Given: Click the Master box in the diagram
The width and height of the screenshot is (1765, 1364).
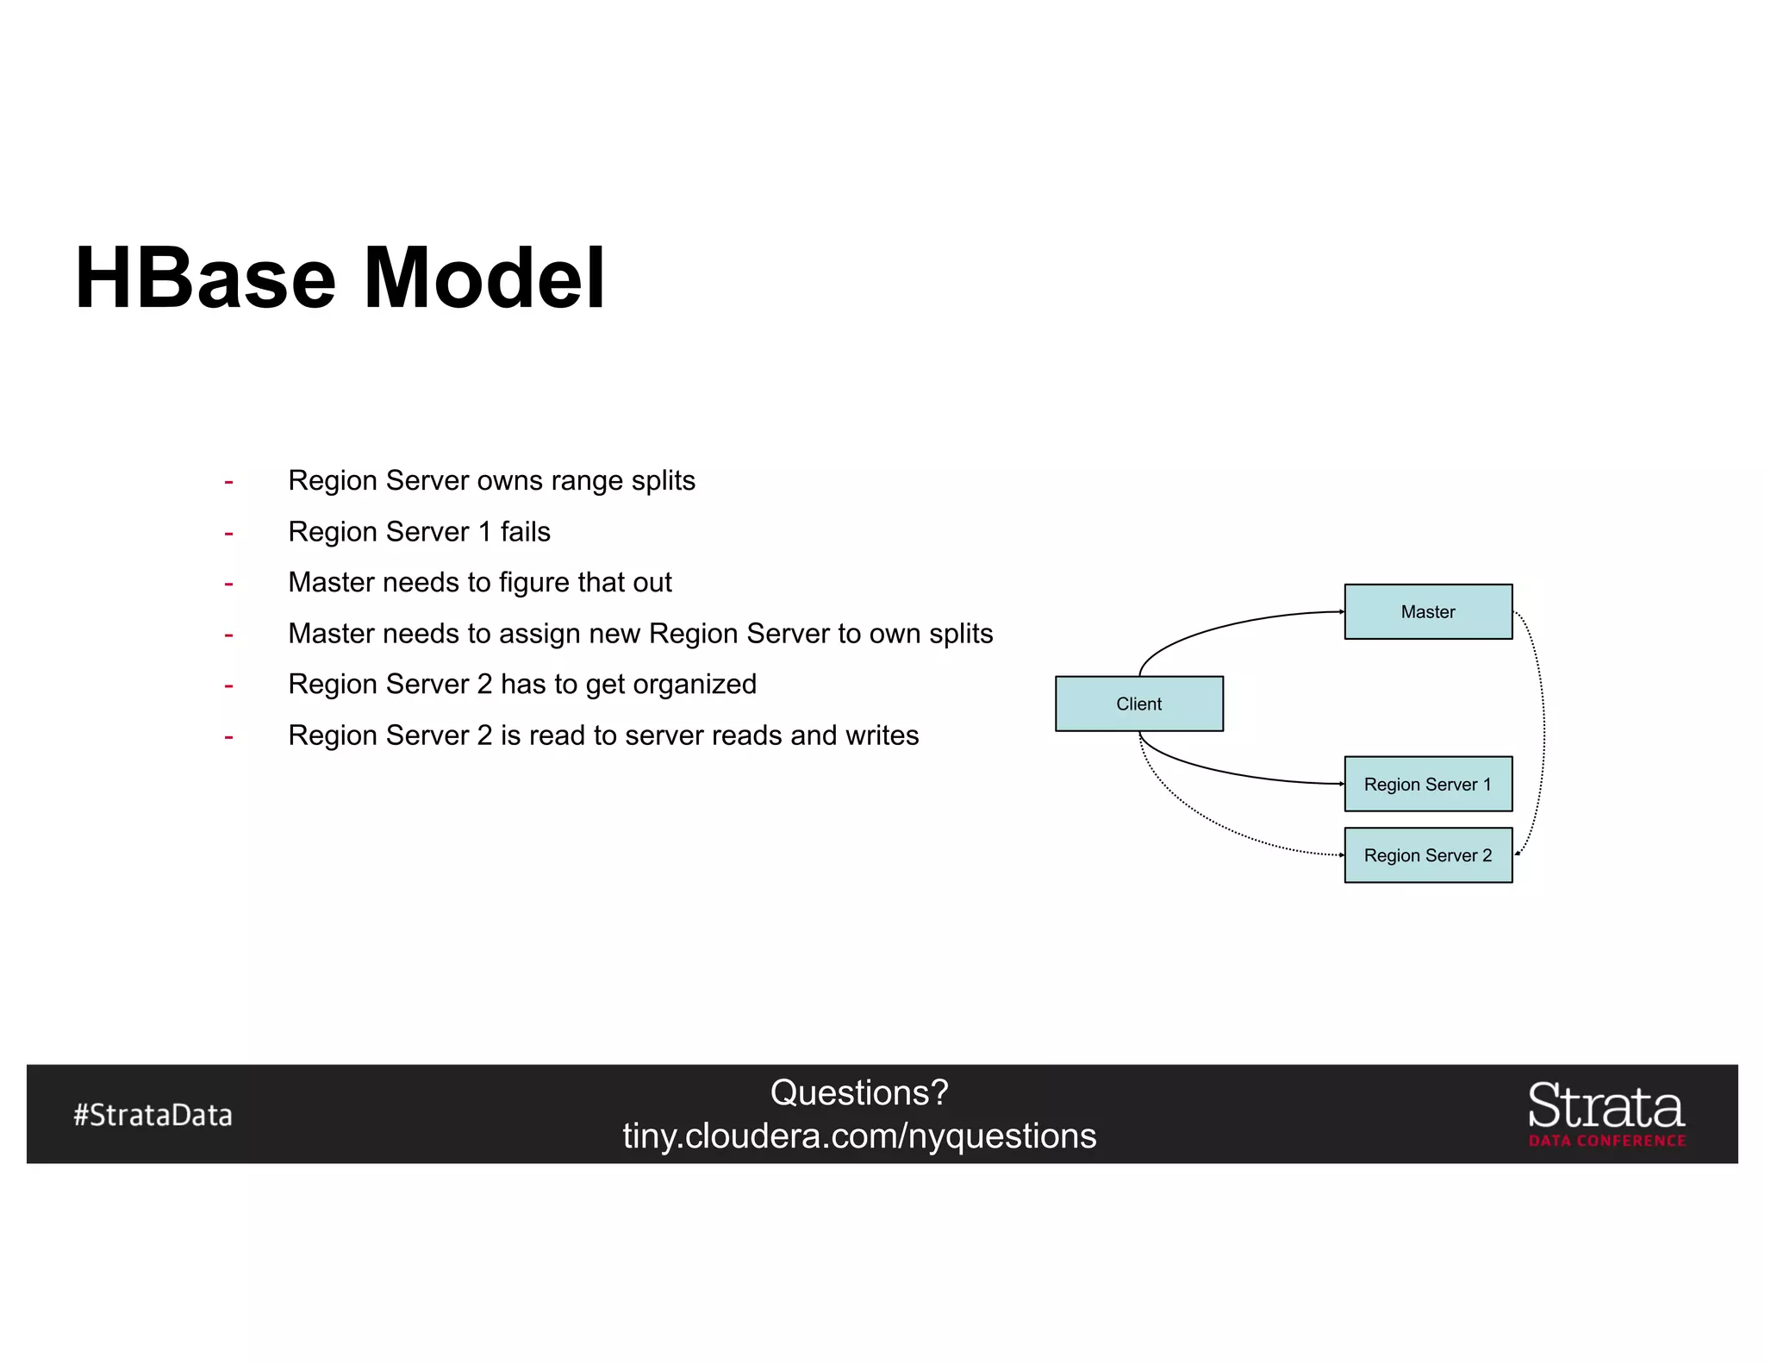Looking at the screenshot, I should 1427,611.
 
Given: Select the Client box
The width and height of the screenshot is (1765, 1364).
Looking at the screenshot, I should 1138,704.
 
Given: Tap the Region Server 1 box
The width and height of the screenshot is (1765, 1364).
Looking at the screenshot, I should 1427,784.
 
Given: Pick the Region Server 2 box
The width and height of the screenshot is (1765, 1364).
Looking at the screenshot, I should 1427,855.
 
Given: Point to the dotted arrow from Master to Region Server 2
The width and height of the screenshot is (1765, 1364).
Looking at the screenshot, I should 1544,733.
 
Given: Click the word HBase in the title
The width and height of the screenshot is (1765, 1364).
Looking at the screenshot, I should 205,278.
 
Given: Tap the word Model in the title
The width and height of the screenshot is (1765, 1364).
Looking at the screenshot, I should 484,278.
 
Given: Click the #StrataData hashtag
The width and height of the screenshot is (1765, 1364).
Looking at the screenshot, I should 153,1115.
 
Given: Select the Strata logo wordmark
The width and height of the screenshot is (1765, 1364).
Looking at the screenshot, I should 1606,1106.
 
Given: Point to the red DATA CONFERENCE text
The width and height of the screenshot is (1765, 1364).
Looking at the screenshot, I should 1607,1141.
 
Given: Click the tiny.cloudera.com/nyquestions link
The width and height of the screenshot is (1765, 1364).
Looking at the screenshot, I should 859,1136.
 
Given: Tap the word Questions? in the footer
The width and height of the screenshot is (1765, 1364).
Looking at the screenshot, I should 859,1092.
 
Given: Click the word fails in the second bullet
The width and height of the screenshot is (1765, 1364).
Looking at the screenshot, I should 525,531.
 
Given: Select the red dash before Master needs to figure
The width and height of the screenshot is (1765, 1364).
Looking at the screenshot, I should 228,584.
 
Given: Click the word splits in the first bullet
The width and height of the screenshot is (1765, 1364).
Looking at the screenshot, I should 662,480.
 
